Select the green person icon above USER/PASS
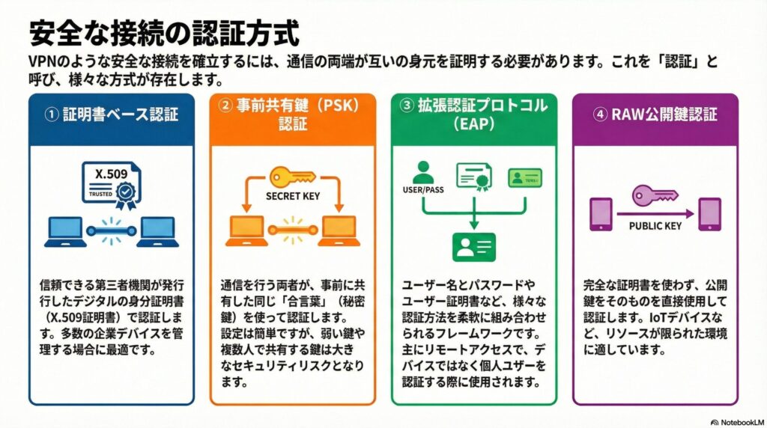[424, 171]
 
